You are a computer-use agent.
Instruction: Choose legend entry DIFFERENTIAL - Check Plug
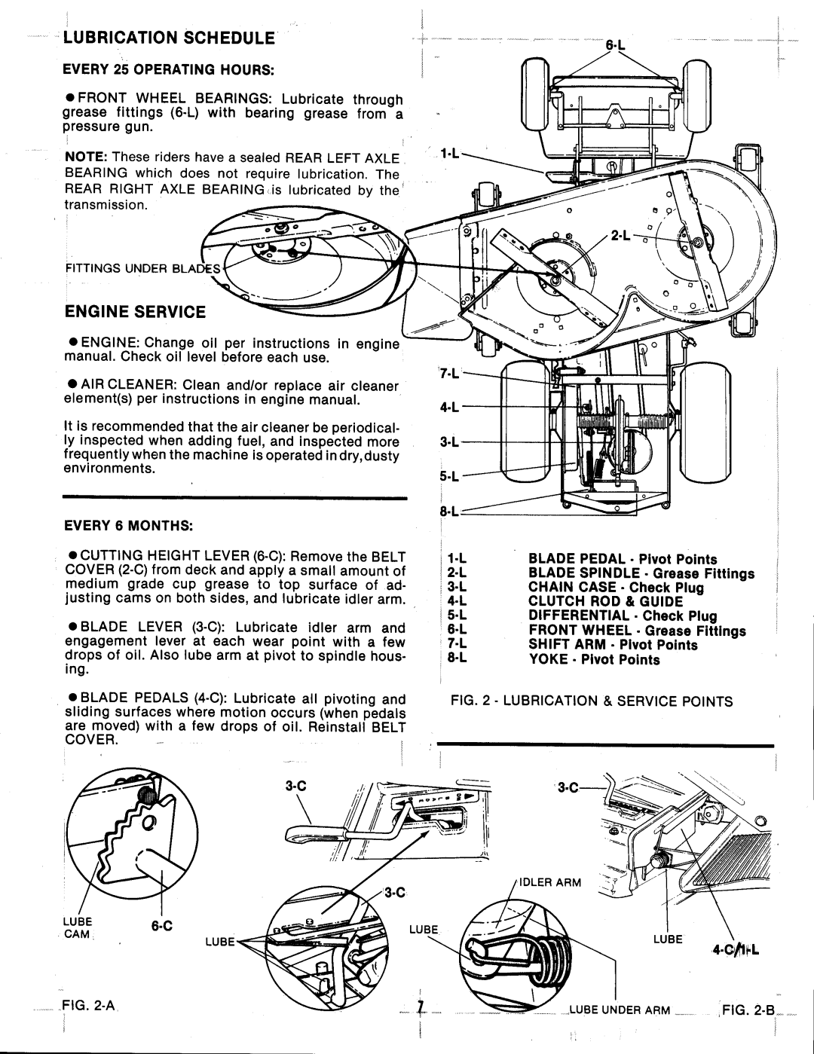pyautogui.click(x=622, y=616)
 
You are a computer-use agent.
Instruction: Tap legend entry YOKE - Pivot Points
pyautogui.click(x=594, y=660)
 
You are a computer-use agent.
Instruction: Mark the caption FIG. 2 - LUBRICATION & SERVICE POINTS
pyautogui.click(x=587, y=701)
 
